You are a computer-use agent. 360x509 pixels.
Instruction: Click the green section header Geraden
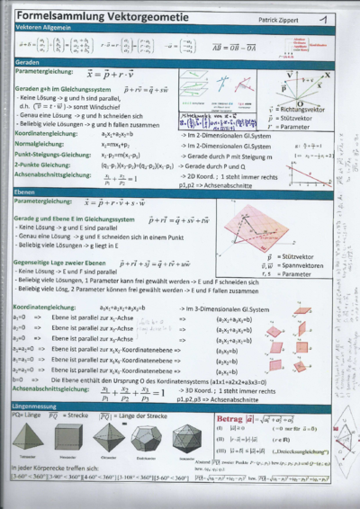(13, 61)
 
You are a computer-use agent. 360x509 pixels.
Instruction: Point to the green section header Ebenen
(13, 191)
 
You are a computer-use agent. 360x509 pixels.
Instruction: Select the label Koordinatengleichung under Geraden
(38, 132)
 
